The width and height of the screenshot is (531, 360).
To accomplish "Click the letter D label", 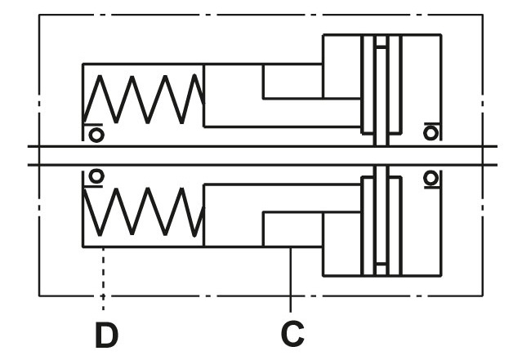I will pos(104,334).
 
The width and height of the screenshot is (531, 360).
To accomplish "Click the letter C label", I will pos(292,334).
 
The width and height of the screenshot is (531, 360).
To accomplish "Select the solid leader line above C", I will pos(292,278).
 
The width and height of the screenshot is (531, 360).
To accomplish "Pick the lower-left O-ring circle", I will pos(96,176).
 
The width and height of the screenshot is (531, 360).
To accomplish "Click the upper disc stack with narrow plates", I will pos(380,86).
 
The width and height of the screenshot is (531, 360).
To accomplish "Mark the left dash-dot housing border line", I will pos(39,82).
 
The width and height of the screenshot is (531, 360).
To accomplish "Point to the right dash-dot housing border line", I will pos(490,82).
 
